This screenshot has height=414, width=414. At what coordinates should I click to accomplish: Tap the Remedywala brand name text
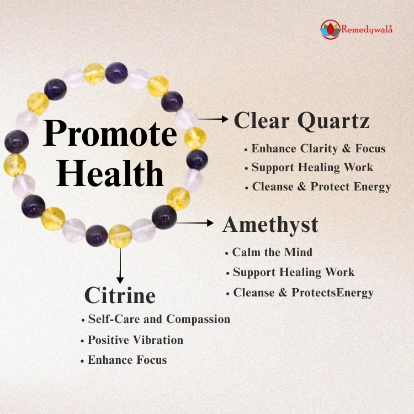coord(366,30)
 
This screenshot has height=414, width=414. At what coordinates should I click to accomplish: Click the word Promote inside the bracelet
coord(110,134)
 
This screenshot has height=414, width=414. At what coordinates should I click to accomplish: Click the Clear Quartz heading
coord(301,121)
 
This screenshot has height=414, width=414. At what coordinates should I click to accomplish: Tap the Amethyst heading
coord(270,225)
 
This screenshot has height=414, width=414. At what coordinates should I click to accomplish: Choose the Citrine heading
coord(120,295)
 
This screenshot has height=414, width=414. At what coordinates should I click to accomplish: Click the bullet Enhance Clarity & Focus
coord(318,148)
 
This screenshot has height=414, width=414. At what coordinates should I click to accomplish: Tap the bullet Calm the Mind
coord(272,252)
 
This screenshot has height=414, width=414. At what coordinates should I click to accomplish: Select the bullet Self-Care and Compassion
coord(158,319)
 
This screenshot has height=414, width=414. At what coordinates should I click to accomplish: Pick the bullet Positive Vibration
coord(135,340)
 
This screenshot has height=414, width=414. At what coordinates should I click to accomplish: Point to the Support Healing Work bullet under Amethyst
coord(293,272)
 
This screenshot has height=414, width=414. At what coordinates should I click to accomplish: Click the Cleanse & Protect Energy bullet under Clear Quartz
coord(321,187)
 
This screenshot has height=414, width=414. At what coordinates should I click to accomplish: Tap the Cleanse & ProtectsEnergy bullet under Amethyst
coord(303,293)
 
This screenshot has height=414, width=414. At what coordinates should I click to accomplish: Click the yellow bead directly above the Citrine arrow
coord(120,236)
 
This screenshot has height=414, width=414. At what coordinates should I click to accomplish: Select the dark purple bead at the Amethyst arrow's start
coord(164,216)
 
